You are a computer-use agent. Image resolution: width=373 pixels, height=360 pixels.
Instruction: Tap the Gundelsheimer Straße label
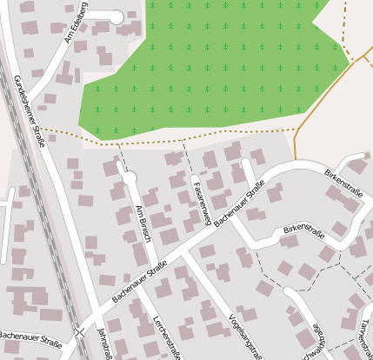[x=30, y=111]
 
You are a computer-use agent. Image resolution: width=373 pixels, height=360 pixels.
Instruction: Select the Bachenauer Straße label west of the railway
[x=30, y=339]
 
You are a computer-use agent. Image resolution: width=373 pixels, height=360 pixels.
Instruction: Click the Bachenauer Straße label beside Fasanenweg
[x=239, y=203]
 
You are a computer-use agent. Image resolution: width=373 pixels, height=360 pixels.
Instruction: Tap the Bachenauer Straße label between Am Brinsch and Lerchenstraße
[x=139, y=283]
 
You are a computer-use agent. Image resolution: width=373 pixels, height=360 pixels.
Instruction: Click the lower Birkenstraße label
[x=303, y=232]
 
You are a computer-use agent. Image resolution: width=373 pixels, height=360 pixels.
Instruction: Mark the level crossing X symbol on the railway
[x=80, y=332]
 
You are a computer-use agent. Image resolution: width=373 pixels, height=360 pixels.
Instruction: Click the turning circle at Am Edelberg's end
[x=117, y=17]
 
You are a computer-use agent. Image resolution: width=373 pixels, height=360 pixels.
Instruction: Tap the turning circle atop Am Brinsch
[x=130, y=178]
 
